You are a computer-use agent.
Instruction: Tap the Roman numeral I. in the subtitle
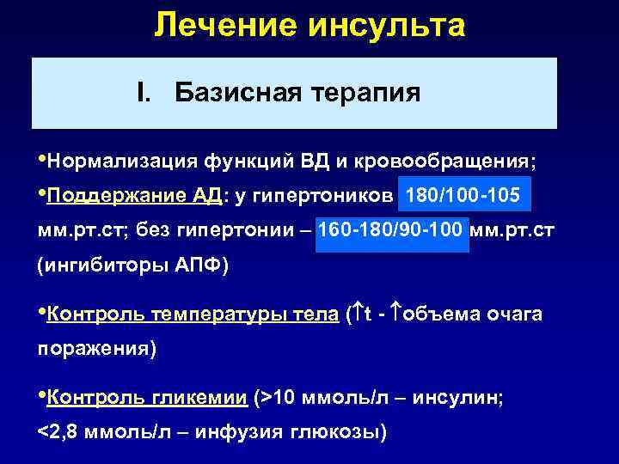pos(145,93)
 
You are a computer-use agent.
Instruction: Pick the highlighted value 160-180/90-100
pos(393,231)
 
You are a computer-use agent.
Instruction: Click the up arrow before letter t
pos(356,314)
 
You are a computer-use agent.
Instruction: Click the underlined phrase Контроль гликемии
pos(147,397)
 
